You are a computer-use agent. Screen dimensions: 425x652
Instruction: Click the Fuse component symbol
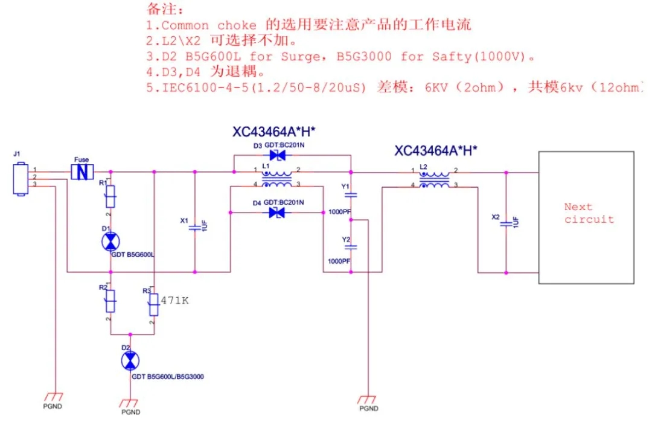pyautogui.click(x=81, y=172)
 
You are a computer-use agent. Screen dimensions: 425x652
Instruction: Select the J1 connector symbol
pyautogui.click(x=20, y=178)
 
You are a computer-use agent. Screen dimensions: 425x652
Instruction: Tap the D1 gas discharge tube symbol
pyautogui.click(x=110, y=241)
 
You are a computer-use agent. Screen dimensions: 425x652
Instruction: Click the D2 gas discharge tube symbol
pyautogui.click(x=129, y=361)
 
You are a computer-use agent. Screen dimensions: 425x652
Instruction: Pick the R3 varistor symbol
pyautogui.click(x=154, y=305)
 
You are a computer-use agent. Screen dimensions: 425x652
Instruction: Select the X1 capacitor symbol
pyautogui.click(x=194, y=228)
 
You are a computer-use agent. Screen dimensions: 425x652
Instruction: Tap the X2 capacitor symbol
pyautogui.click(x=505, y=222)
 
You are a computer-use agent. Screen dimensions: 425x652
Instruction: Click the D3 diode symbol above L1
pyautogui.click(x=278, y=155)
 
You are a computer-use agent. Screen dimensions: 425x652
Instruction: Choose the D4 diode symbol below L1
pyautogui.click(x=278, y=212)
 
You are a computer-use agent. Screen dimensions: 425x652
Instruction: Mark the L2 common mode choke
pyautogui.click(x=435, y=178)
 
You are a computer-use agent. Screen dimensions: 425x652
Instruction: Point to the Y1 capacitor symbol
pyautogui.click(x=353, y=195)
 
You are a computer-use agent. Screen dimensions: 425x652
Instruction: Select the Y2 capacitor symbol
pyautogui.click(x=353, y=247)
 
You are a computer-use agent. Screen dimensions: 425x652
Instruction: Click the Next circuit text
pyautogui.click(x=589, y=213)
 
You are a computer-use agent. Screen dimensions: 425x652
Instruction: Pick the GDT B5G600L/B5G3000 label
pyautogui.click(x=167, y=377)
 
